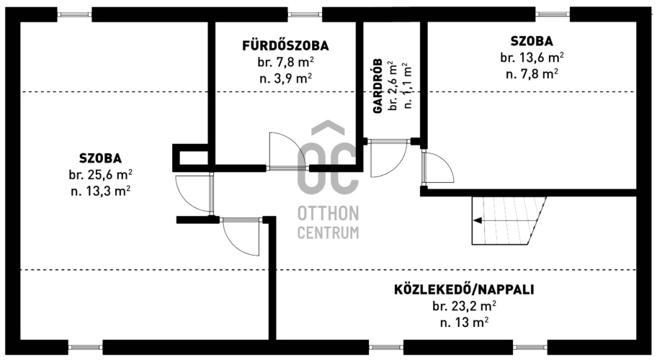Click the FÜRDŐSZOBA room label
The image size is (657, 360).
point(285,45)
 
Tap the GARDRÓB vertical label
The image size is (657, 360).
point(378,86)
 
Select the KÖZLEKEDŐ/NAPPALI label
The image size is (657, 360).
point(464,289)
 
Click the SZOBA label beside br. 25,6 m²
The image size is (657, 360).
point(101,158)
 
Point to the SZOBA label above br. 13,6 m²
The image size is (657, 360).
point(532,41)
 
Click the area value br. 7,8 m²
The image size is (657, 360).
point(286,62)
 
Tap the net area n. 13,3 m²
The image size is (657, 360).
point(101,192)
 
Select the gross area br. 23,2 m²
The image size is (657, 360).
point(464,307)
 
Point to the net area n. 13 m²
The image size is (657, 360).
point(464,323)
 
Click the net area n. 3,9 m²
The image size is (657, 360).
point(286,78)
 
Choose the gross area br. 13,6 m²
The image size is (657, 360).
point(532,58)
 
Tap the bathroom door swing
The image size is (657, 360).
point(285,150)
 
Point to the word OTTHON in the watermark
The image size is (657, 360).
point(328,214)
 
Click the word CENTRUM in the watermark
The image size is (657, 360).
point(328,233)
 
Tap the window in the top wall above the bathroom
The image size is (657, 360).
point(305,14)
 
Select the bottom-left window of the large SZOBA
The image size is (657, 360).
point(85,347)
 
